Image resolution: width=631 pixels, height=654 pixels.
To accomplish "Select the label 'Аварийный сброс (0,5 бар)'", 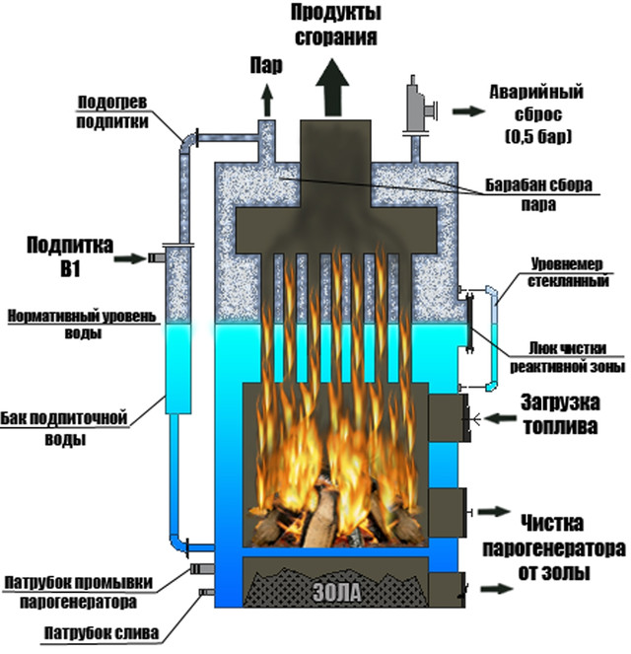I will pos(537,113).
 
